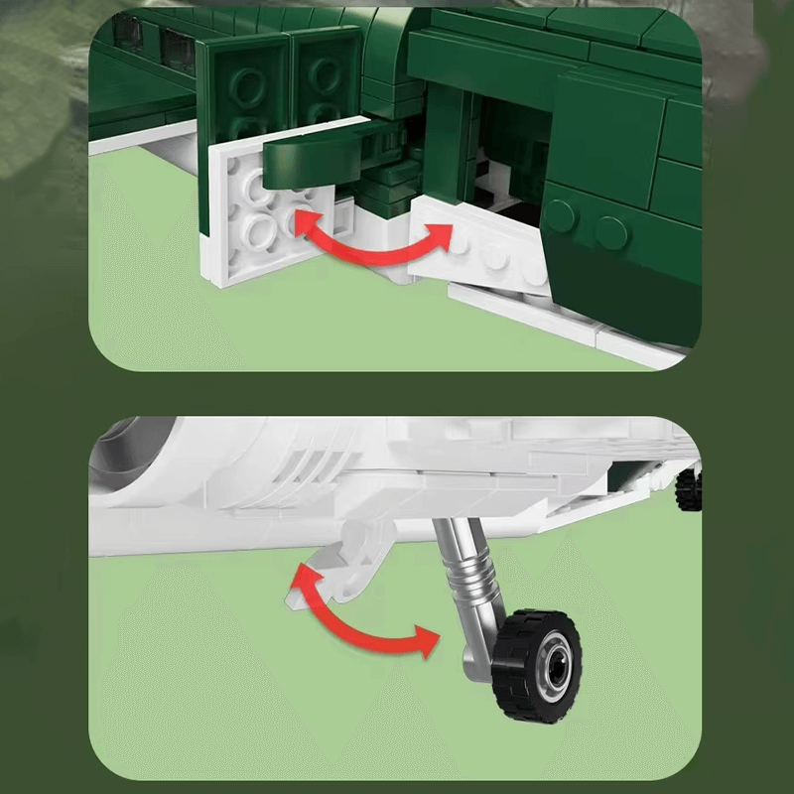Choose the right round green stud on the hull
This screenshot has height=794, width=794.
click(x=613, y=233)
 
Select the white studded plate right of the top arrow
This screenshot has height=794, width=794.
click(x=476, y=248)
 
